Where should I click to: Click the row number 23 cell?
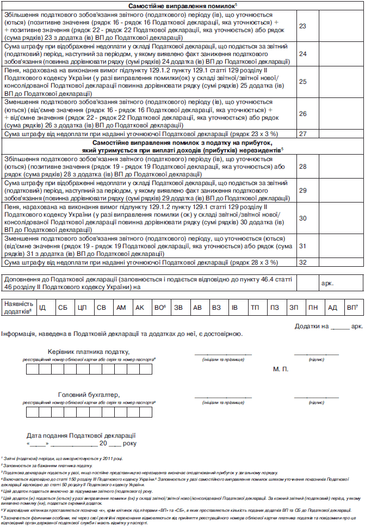303,26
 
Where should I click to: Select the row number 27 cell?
303,133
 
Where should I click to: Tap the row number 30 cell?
303,218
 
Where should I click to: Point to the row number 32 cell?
303,262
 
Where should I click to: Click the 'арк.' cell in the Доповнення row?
327,284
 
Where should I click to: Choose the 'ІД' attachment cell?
42,308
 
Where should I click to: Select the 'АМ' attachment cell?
121,308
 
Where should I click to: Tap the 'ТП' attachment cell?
255,308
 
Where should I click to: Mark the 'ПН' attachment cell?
313,308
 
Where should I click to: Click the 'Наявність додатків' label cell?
17,308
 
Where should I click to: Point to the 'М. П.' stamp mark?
280,369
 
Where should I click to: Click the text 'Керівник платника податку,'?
89,352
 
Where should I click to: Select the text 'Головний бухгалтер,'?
89,395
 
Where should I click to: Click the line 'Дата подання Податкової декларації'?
81,436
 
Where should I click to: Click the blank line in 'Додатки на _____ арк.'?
340,326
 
